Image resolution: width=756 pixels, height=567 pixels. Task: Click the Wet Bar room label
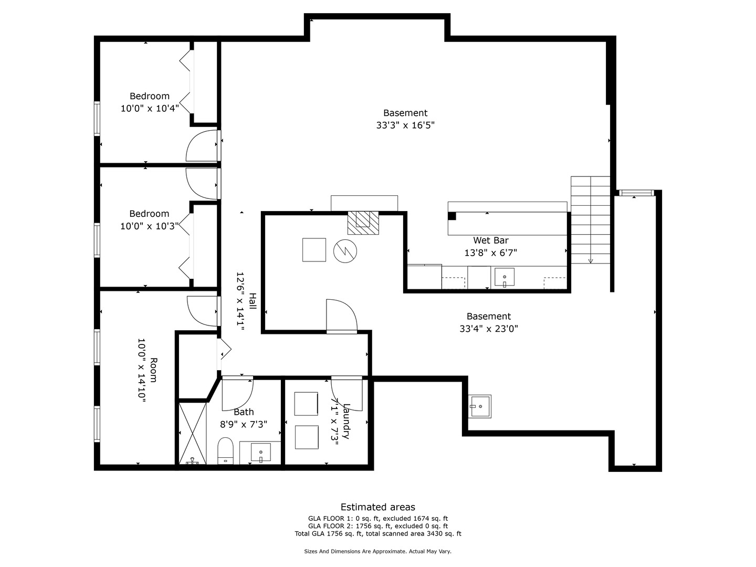[x=490, y=240]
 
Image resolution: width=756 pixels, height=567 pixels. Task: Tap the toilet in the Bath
[x=226, y=450]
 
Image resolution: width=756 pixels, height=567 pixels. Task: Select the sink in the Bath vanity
[x=261, y=452]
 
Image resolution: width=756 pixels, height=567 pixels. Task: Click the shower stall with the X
[x=193, y=434]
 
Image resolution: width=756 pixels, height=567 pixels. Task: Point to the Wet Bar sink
[x=505, y=277]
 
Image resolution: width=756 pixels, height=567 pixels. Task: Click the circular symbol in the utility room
[x=345, y=251]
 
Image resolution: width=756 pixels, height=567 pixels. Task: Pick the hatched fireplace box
[x=363, y=223]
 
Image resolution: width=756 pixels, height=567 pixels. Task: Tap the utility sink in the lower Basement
[x=479, y=406]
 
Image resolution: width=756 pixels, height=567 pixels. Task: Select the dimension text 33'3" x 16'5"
[x=405, y=125]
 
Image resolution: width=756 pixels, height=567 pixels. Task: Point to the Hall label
[x=253, y=301]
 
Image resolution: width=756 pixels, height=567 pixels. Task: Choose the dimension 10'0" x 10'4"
[x=150, y=109]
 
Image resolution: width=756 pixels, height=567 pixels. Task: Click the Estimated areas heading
[x=378, y=507]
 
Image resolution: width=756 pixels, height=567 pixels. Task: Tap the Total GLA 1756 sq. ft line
[x=378, y=533]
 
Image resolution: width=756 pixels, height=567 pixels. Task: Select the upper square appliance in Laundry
[x=306, y=404]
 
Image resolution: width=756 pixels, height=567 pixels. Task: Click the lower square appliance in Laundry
[x=307, y=437]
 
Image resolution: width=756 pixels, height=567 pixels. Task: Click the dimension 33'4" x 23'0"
[x=489, y=329]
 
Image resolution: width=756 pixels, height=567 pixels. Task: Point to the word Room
[x=154, y=370]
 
